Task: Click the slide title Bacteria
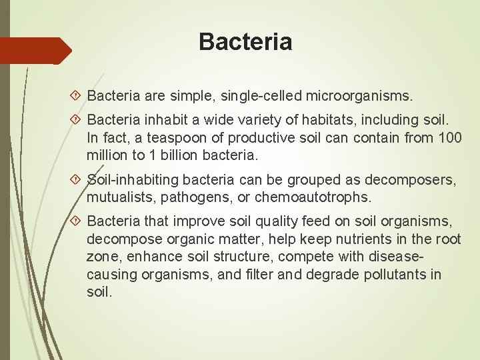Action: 245,43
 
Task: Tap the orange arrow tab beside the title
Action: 35,51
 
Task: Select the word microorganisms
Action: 359,97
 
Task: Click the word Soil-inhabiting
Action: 131,180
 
